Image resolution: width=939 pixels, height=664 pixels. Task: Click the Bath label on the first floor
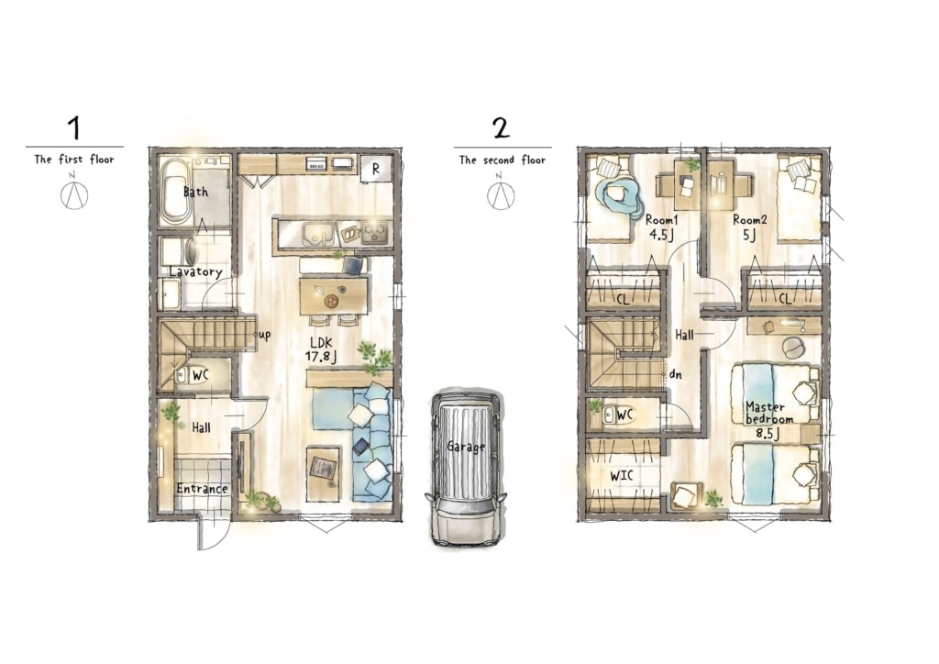pos(196,193)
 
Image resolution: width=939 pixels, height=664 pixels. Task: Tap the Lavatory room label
pos(196,271)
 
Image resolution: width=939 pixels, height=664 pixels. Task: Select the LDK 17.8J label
pos(321,349)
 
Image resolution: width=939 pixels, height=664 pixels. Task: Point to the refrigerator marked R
pos(376,169)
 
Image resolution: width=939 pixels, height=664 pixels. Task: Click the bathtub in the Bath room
pos(176,191)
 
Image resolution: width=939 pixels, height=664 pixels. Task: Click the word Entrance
pos(203,489)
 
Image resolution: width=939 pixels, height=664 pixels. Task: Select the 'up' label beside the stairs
pos(264,335)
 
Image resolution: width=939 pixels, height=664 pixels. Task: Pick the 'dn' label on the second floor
pos(676,375)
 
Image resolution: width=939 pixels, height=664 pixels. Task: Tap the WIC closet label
pos(622,477)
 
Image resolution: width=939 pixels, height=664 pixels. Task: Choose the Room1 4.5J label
pos(662,227)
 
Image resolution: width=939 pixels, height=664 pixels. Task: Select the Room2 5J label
pos(750,227)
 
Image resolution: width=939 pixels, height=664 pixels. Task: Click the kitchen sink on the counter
pos(318,234)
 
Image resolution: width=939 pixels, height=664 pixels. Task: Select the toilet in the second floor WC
pos(617,415)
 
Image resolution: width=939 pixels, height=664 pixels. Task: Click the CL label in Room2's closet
pos(785,298)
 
